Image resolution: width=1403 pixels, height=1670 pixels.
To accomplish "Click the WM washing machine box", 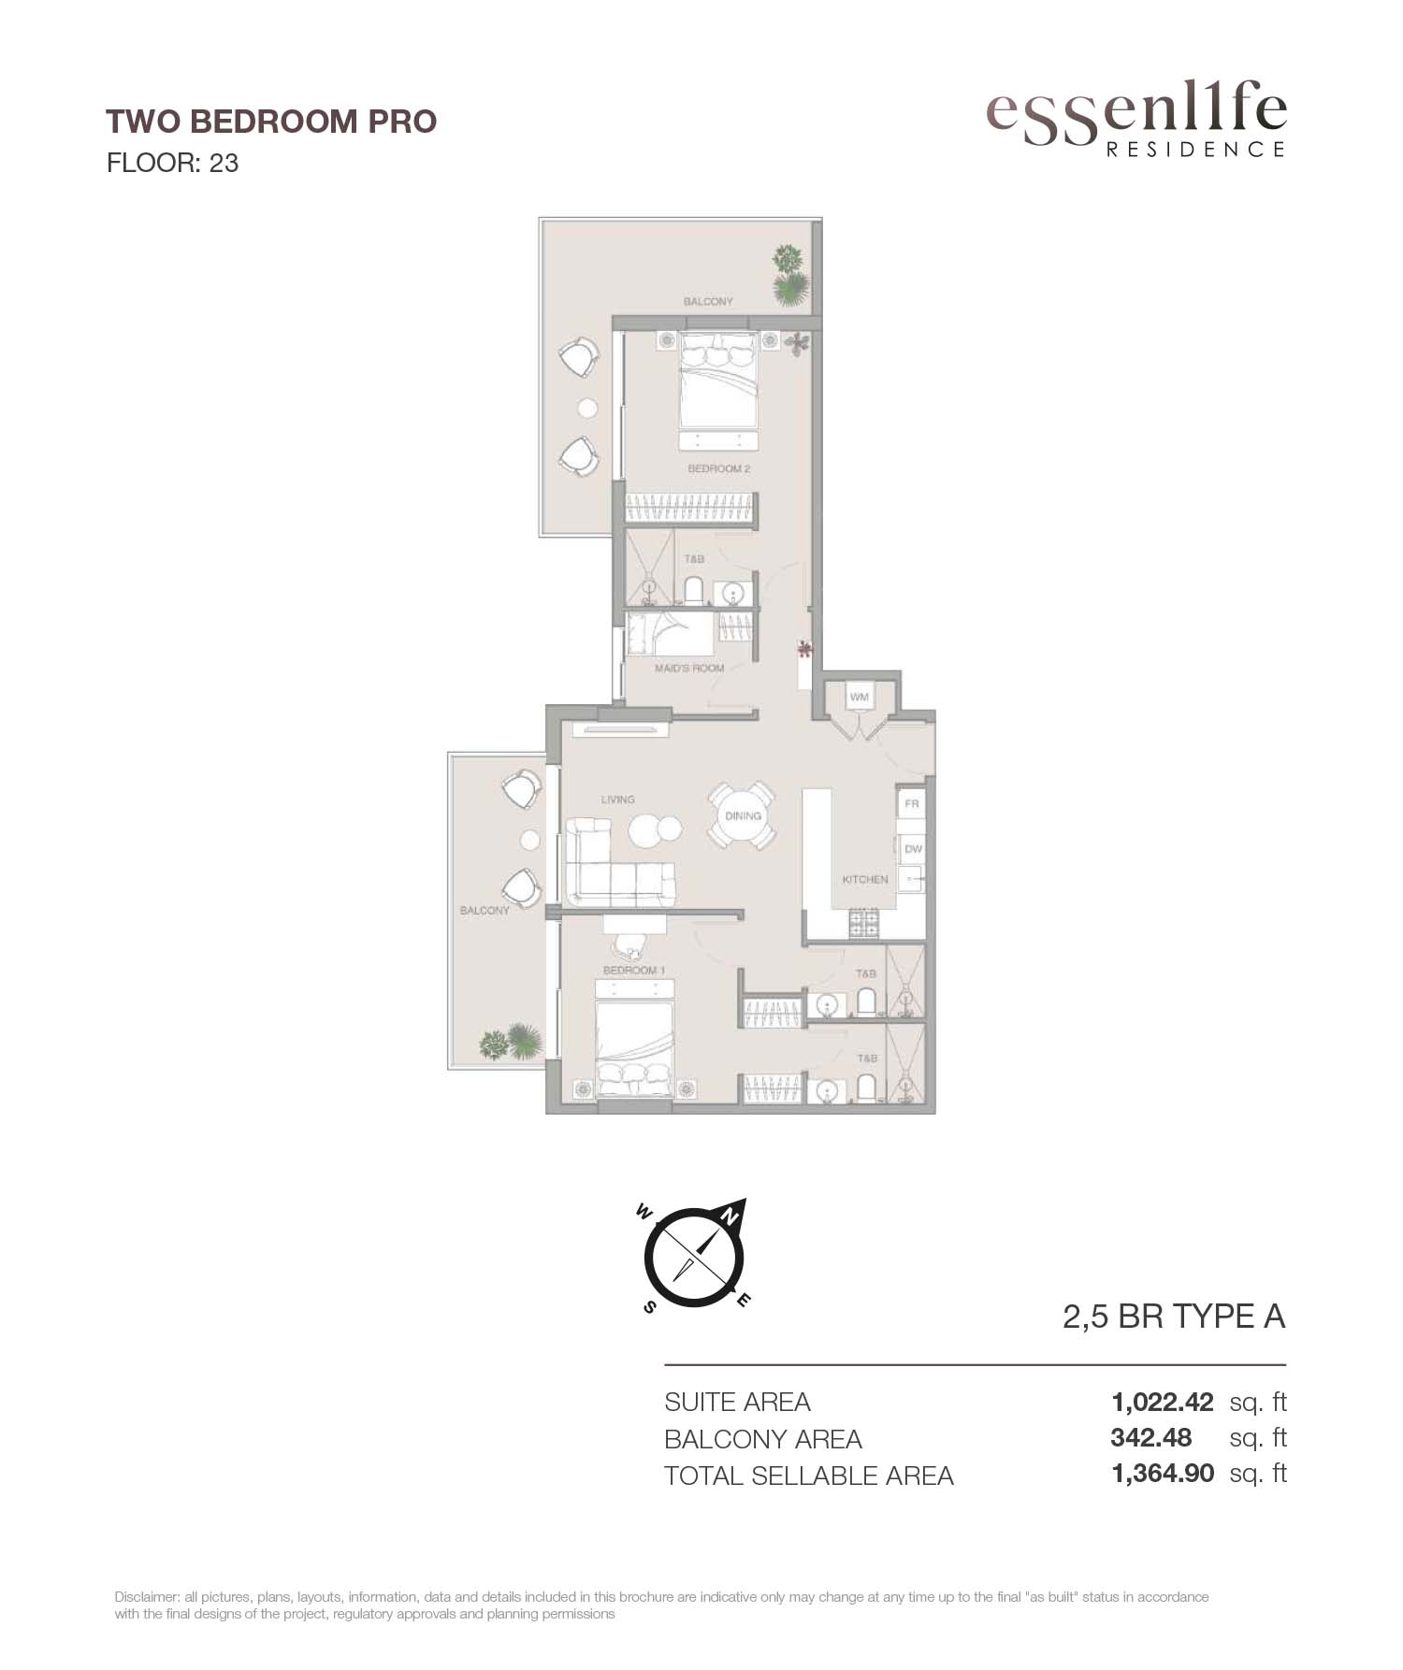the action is tap(859, 697).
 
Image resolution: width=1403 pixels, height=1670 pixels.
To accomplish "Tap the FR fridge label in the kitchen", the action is tap(912, 804).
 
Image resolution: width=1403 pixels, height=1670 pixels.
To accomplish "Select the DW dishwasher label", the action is tap(913, 849).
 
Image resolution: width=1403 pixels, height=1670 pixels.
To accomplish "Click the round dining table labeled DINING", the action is tap(743, 815).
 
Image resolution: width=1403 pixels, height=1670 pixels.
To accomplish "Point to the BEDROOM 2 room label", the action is tap(718, 468).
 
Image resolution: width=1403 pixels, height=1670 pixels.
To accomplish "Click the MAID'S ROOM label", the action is tap(689, 668).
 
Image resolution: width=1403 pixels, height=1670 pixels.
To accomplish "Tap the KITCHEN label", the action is tap(865, 879).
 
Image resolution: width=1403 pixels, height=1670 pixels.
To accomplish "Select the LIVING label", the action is tap(617, 799).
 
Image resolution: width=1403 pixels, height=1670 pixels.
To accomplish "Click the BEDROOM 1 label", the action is tap(633, 971).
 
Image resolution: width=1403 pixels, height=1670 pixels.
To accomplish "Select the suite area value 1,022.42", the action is tap(1163, 1403).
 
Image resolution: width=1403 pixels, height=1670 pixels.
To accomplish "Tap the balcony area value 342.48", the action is tap(1151, 1438).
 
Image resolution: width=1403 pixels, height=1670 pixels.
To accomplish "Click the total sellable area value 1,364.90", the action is tap(1163, 1474).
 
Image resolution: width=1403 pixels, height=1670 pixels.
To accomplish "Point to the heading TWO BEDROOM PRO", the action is tap(271, 122).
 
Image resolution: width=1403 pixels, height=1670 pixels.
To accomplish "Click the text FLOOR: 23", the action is tap(173, 163).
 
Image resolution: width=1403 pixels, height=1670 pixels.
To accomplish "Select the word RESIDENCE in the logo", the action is tap(1196, 149).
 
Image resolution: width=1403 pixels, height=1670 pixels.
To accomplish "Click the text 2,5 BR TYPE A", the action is tap(1174, 1317).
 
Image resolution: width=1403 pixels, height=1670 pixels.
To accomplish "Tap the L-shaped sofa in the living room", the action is tap(618, 862).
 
